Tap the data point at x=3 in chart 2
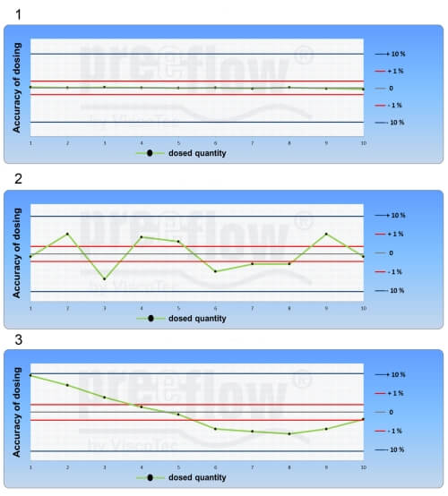(104, 279)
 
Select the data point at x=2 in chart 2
(67, 234)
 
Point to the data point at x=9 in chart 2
(326, 234)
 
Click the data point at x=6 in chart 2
(215, 271)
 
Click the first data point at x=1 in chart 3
(30, 375)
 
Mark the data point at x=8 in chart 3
(289, 434)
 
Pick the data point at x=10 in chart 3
(363, 419)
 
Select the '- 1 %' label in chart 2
(396, 271)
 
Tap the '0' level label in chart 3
(391, 412)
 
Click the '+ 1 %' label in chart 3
(396, 393)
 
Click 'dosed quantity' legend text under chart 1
(197, 153)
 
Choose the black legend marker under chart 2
(151, 318)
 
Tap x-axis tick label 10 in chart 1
(363, 142)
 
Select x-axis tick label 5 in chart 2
(178, 308)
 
